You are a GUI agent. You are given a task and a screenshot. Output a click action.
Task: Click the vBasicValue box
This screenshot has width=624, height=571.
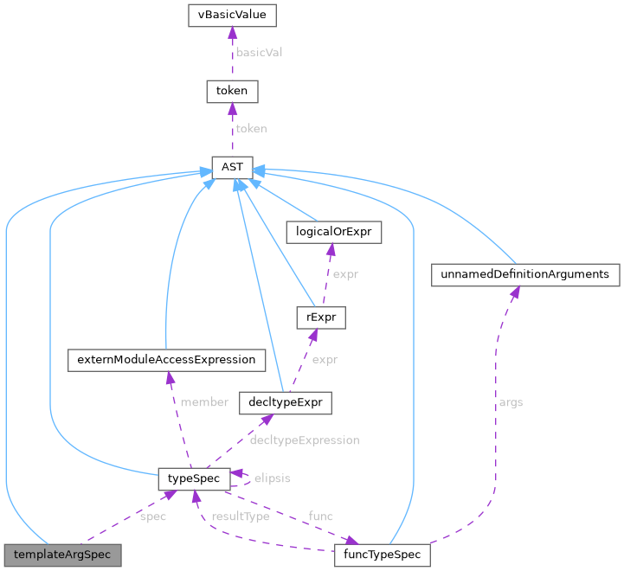click(x=232, y=15)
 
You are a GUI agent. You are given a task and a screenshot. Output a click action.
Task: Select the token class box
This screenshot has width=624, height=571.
click(x=232, y=91)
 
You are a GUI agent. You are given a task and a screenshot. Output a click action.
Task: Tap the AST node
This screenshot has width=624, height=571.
click(x=232, y=166)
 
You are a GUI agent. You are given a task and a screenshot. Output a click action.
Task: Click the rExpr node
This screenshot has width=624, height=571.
click(x=320, y=318)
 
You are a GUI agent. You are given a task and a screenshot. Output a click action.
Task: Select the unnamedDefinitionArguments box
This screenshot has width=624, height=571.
click(x=525, y=274)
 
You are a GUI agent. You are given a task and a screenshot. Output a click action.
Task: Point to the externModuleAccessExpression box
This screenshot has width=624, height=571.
click(x=165, y=359)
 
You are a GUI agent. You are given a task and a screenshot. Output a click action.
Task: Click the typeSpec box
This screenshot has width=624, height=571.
click(x=194, y=478)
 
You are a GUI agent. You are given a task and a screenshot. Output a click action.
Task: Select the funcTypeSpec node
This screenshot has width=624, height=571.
click(x=382, y=555)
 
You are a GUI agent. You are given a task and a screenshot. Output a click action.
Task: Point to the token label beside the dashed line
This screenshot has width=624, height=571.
click(x=251, y=128)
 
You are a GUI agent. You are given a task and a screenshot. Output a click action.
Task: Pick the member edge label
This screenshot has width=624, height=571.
click(x=204, y=402)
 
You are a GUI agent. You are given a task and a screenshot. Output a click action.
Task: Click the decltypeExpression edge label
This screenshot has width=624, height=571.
click(x=303, y=440)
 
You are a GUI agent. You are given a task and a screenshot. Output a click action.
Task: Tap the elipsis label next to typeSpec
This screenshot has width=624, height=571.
click(x=272, y=478)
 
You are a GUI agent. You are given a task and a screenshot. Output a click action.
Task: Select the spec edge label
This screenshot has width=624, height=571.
click(x=152, y=516)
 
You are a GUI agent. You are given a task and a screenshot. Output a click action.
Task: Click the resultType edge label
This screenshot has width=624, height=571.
click(x=245, y=516)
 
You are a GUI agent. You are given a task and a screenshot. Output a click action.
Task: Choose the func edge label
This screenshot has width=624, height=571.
click(x=320, y=516)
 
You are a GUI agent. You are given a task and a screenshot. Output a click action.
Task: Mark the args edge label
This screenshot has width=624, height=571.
click(x=511, y=402)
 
